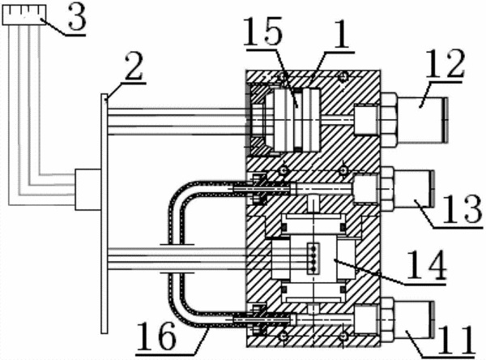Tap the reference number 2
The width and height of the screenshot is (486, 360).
[x=134, y=66]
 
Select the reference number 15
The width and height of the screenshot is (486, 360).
[x=262, y=31]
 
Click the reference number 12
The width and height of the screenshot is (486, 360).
[x=445, y=64]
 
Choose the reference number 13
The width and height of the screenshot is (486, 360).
[x=463, y=209]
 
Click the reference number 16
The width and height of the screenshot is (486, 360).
[x=156, y=336]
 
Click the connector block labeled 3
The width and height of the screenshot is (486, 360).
[x=24, y=15]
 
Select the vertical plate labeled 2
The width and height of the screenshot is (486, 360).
[x=104, y=213]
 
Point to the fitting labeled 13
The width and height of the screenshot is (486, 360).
[x=407, y=189]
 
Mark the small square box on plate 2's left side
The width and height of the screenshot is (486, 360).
[x=88, y=189]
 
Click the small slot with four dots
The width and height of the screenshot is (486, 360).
[x=313, y=259]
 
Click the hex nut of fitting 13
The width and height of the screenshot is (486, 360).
[x=387, y=189]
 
